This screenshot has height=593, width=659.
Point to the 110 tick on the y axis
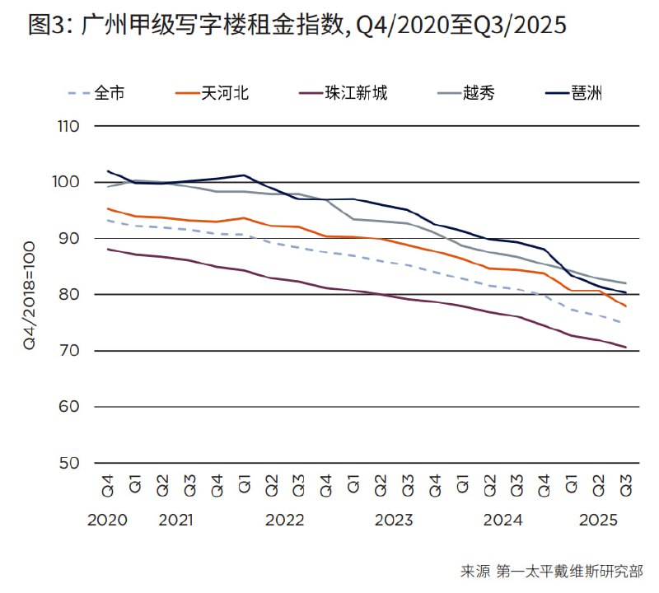pos(68,127)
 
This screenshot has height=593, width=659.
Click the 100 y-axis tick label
pos(68,183)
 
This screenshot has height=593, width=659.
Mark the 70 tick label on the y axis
pos(69,351)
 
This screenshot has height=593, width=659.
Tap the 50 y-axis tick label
pos(69,463)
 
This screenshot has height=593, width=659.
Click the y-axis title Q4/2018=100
pos(30,295)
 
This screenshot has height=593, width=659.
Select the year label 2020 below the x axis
pos(106,521)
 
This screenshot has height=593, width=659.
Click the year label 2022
pos(284,521)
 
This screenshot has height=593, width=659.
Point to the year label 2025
pos(598,521)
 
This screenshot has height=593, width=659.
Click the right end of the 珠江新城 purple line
pos(626,348)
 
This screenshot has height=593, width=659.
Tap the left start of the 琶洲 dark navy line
pos(108,171)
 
